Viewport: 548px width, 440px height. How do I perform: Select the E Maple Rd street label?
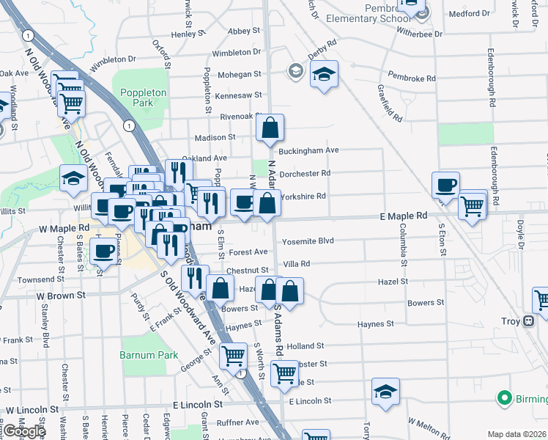tap(403, 216)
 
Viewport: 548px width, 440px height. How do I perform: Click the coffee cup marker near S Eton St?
tap(445, 186)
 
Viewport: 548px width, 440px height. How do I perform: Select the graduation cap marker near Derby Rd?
tap(324, 74)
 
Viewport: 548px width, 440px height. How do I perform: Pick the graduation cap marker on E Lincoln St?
tap(385, 392)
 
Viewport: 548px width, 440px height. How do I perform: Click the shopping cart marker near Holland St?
tap(233, 356)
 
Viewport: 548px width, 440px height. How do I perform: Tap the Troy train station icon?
tap(528, 321)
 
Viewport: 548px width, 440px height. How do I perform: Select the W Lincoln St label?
tap(32, 409)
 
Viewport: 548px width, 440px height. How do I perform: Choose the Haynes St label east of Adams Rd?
tap(376, 323)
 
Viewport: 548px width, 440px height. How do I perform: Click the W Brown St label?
tap(62, 295)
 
